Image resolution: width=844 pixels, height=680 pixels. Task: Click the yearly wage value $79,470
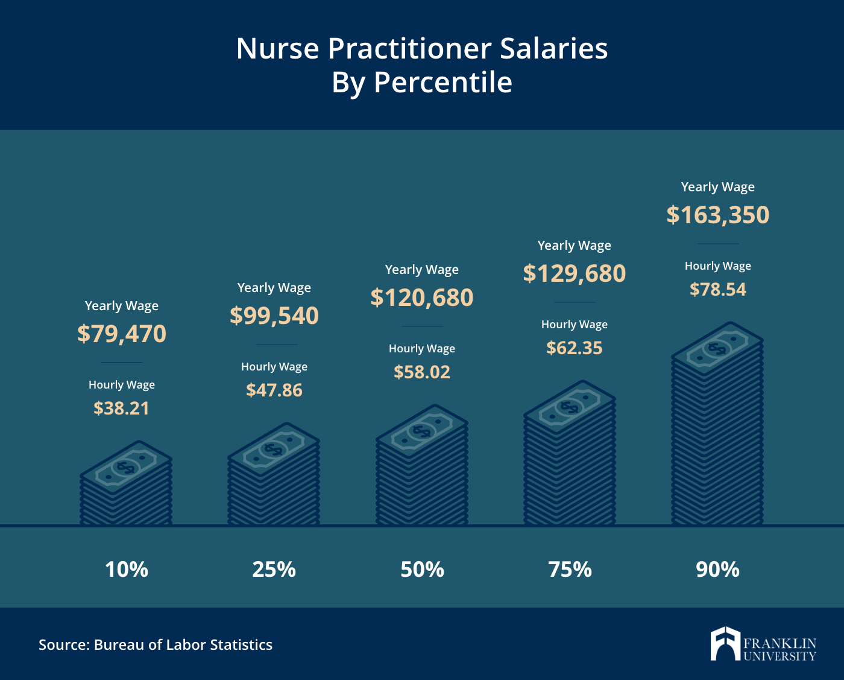122,334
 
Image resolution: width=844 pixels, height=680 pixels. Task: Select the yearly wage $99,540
274,316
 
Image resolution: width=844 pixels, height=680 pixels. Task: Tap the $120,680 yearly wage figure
422,297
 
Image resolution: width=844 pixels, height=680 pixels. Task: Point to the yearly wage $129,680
575,273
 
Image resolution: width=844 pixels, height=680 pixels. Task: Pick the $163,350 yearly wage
718,215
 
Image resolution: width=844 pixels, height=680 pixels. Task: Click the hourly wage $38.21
122,408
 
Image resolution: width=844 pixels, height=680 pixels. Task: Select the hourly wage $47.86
274,390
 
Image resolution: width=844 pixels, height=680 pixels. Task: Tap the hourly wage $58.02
422,372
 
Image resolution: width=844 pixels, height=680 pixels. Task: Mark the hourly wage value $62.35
575,348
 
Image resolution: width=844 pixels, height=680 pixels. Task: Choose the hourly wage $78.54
718,290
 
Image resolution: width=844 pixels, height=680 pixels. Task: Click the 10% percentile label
127,570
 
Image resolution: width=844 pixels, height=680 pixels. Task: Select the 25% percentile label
274,570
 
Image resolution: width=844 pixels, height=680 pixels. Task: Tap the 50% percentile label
422,570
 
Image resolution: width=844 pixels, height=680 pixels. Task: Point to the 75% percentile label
570,570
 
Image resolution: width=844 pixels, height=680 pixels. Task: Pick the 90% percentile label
718,570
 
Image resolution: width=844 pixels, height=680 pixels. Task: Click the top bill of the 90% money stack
717,348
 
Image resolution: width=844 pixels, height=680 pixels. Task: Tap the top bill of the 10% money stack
126,467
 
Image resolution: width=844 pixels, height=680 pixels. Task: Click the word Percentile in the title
443,83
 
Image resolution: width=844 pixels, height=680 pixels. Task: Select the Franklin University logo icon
725,644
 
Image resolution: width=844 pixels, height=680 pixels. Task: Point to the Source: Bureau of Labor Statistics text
156,645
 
